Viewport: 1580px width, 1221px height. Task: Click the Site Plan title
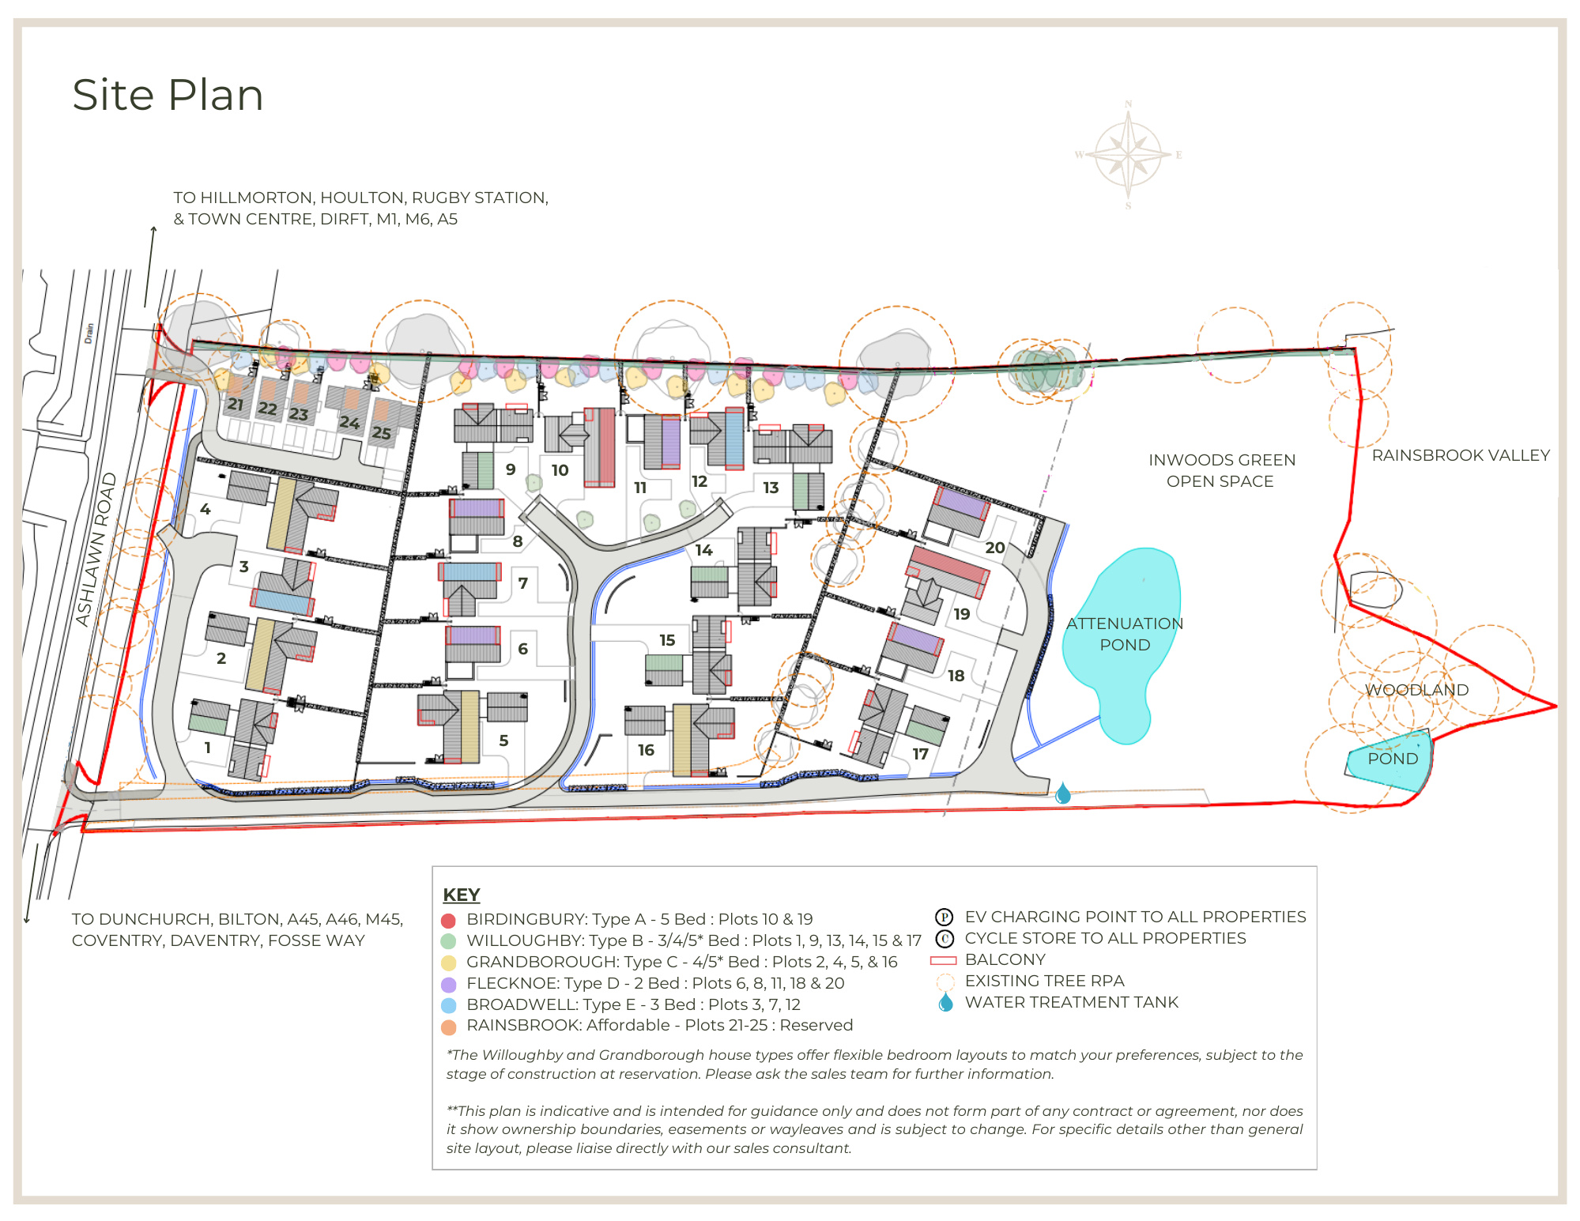pos(168,95)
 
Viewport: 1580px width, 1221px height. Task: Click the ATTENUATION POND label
pos(1125,634)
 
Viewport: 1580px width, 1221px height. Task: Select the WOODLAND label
pos(1416,689)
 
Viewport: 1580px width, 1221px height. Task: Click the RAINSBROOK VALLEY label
pos(1460,455)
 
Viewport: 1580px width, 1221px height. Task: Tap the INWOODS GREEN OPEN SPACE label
pos(1221,470)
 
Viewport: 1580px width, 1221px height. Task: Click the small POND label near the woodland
pos(1392,759)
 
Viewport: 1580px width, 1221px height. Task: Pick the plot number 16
pos(646,749)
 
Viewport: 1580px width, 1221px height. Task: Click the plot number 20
pos(994,548)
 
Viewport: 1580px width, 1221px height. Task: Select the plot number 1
pos(207,747)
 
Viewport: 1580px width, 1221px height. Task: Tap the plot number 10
pos(560,470)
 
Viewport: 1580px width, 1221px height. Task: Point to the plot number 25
pos(381,433)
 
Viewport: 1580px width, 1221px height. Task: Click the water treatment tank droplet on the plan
pos(1063,793)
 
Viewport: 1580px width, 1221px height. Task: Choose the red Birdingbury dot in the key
pos(448,921)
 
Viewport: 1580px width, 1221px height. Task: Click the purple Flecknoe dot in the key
pos(448,985)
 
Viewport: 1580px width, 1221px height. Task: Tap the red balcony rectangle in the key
pos(944,960)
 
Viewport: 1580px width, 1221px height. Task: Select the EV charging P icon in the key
pos(944,918)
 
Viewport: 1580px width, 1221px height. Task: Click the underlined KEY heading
pos(461,895)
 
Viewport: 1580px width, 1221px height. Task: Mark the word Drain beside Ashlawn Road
pos(89,333)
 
